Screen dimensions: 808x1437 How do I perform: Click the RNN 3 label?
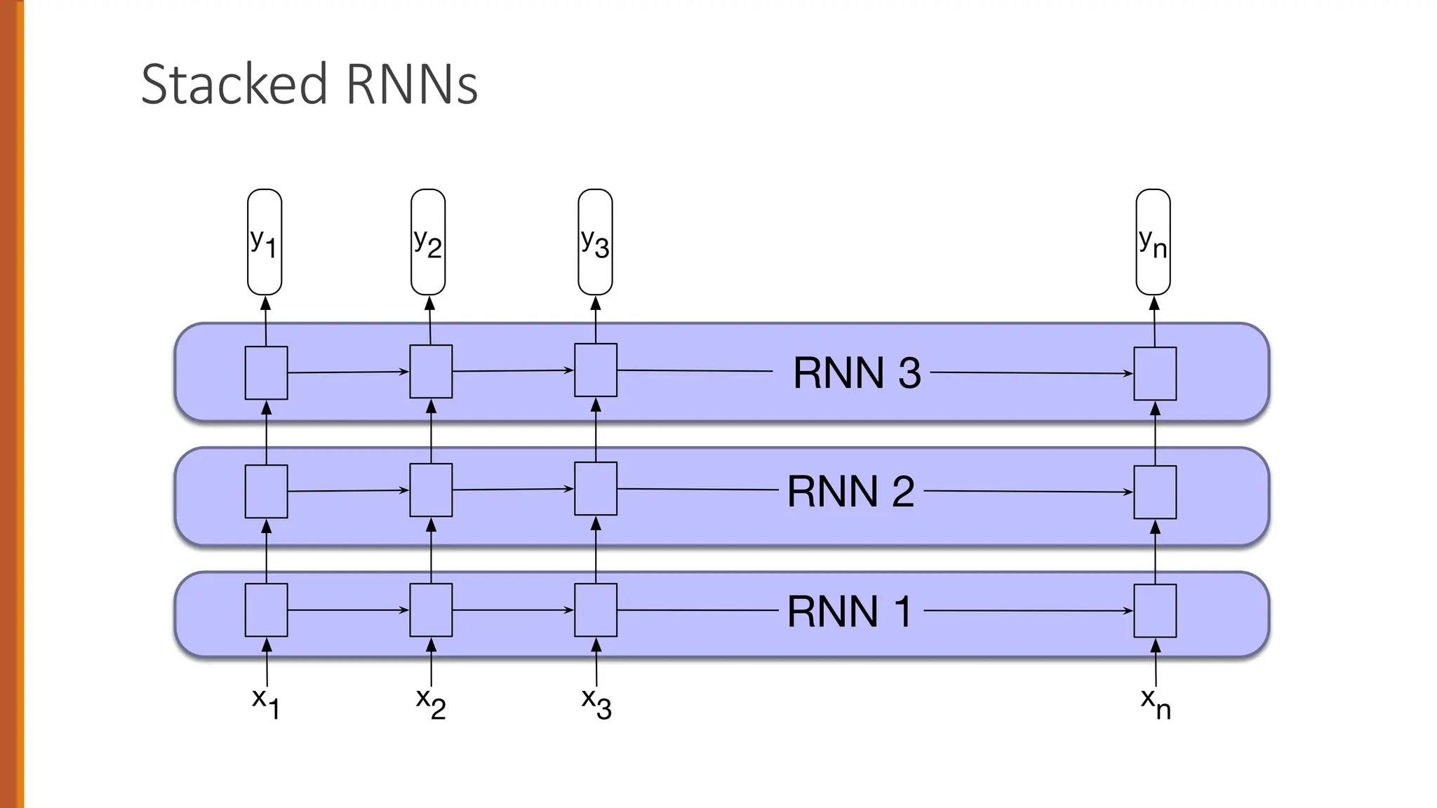pyautogui.click(x=856, y=372)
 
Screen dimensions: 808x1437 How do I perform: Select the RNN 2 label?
pyautogui.click(x=850, y=491)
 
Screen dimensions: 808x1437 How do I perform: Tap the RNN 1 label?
pyautogui.click(x=849, y=611)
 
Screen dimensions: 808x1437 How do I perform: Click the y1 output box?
pyautogui.click(x=265, y=242)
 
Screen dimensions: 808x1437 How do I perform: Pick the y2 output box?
pyautogui.click(x=428, y=242)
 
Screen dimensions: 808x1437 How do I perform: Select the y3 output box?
pyautogui.click(x=595, y=242)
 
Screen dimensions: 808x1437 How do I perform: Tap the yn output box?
pyautogui.click(x=1153, y=242)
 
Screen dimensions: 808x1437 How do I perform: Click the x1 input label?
pyautogui.click(x=266, y=703)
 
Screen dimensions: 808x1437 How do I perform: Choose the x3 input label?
pyautogui.click(x=596, y=703)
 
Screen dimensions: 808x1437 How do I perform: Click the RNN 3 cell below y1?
pyautogui.click(x=266, y=372)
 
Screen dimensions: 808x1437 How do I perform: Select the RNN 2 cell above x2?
pyautogui.click(x=431, y=490)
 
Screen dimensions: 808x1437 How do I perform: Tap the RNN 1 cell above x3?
pyautogui.click(x=596, y=610)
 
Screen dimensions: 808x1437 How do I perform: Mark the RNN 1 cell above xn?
pyautogui.click(x=1155, y=611)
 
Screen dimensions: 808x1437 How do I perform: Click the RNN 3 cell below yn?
pyautogui.click(x=1155, y=374)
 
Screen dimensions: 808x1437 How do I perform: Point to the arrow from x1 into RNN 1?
pyautogui.click(x=267, y=662)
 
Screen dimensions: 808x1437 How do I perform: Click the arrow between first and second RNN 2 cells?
pyautogui.click(x=348, y=491)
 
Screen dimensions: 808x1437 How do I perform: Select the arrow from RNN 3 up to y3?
pyautogui.click(x=596, y=319)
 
